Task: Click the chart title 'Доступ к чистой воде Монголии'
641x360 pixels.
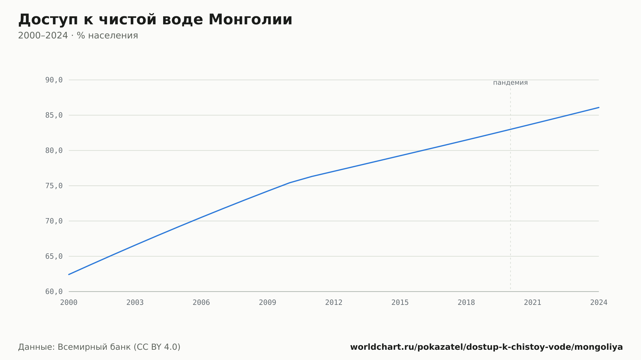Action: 155,20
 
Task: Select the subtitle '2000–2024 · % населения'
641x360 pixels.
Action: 78,36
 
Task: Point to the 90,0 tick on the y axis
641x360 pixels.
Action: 54,80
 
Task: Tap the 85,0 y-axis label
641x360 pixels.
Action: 54,115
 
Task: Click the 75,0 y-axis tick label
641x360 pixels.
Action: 54,186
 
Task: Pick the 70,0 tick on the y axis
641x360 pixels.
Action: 54,221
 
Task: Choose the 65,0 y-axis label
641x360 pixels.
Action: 54,256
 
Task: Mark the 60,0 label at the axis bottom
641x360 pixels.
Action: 54,291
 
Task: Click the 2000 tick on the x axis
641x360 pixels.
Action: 69,303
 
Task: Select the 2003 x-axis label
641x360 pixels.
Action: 135,303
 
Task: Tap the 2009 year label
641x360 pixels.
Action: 268,303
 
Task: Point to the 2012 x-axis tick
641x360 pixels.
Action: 334,303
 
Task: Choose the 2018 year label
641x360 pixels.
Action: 466,303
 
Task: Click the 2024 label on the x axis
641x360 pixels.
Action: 599,303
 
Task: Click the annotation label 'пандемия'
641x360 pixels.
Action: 510,83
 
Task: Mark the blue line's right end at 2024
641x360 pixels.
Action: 599,107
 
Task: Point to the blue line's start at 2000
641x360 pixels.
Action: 69,274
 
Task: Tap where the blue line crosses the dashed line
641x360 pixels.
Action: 511,129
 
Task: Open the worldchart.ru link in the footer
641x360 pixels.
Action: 487,347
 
